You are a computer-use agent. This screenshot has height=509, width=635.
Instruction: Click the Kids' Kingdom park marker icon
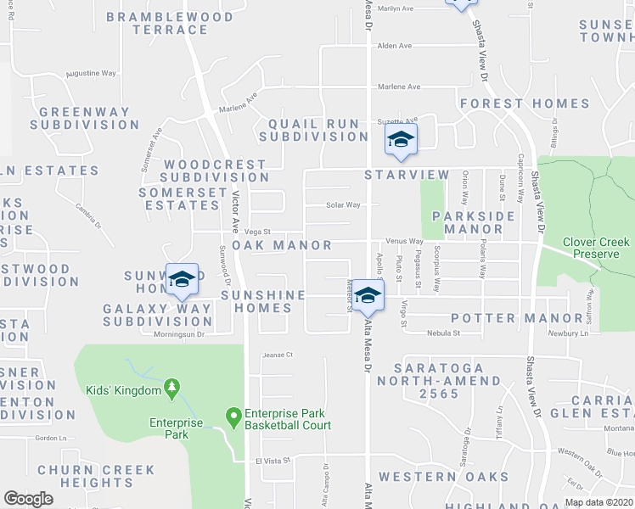[172, 389]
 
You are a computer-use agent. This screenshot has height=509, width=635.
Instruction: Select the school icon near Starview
[400, 143]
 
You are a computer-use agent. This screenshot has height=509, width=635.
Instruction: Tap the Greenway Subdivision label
[84, 118]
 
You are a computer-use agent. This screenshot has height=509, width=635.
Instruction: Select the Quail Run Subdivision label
[313, 130]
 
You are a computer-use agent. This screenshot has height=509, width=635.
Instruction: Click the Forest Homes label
[525, 103]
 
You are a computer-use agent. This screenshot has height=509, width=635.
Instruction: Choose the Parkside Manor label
[474, 222]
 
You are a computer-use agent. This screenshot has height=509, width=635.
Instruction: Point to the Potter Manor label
[495, 318]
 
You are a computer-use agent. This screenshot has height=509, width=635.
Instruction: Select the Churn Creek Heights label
[96, 476]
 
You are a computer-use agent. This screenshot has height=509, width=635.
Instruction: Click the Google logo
[28, 499]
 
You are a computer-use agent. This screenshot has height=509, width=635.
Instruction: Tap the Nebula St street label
[443, 333]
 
